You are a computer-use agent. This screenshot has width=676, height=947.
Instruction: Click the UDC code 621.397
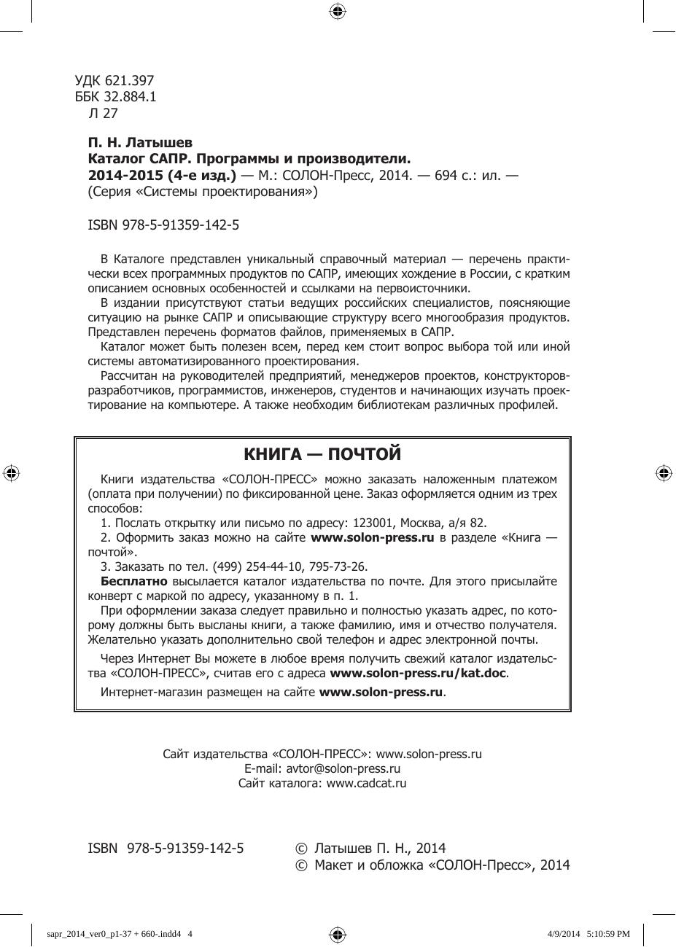pyautogui.click(x=130, y=81)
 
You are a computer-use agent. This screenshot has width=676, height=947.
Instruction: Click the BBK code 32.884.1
pyautogui.click(x=132, y=97)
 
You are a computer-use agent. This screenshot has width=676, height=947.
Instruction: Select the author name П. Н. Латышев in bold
pyautogui.click(x=140, y=142)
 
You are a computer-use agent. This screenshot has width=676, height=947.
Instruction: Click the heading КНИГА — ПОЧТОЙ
pyautogui.click(x=322, y=454)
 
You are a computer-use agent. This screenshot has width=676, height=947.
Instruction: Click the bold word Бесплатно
pyautogui.click(x=133, y=581)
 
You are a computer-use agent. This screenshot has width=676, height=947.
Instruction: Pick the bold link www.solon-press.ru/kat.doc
pyautogui.click(x=418, y=673)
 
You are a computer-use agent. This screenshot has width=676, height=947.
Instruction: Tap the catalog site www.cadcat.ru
pyautogui.click(x=366, y=783)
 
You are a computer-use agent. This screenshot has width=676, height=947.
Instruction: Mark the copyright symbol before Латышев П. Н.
pyautogui.click(x=300, y=849)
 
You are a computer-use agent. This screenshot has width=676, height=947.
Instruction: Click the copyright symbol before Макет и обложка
pyautogui.click(x=300, y=865)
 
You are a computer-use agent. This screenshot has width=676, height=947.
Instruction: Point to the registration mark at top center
pyautogui.click(x=337, y=10)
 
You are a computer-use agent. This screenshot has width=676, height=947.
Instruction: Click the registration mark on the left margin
pyautogui.click(x=11, y=473)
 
